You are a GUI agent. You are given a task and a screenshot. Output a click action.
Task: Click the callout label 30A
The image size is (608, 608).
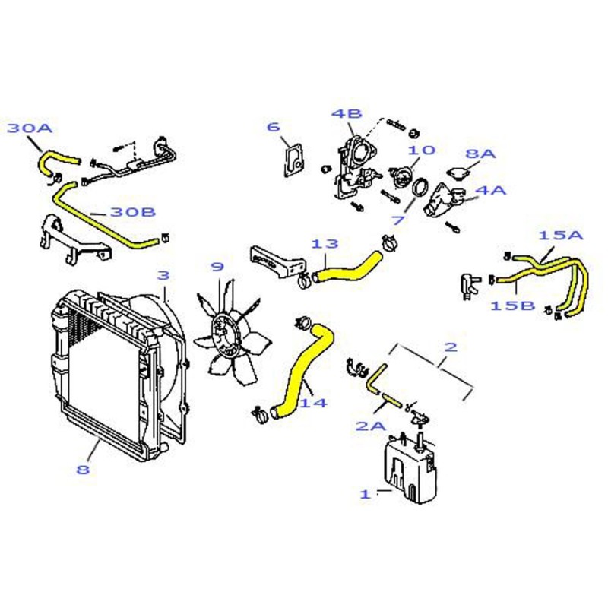(30, 128)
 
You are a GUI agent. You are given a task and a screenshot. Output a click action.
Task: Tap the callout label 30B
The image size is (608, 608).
(133, 212)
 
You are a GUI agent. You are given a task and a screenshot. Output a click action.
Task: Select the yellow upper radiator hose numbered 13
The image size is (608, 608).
(348, 267)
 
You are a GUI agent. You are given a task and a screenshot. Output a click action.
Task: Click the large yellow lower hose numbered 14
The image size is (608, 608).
(303, 372)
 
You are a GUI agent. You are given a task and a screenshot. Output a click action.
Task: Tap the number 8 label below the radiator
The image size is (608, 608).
(83, 470)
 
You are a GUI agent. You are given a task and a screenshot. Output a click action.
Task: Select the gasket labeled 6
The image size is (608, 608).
(293, 160)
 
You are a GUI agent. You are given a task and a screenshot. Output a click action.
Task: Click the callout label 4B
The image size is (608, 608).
(347, 113)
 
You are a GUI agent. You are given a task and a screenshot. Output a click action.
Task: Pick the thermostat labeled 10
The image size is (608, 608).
(401, 177)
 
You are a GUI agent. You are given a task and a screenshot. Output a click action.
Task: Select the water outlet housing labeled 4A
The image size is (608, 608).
(443, 200)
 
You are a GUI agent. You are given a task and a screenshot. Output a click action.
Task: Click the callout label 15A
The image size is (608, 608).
(561, 235)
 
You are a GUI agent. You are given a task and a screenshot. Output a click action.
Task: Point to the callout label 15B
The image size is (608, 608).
(512, 306)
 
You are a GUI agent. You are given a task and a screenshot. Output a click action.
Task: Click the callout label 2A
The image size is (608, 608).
(371, 426)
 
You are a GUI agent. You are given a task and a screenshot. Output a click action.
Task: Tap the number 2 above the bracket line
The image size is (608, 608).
(451, 347)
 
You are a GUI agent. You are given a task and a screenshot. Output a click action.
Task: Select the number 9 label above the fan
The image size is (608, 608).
(217, 267)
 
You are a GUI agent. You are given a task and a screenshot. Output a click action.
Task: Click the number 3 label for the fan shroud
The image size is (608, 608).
(163, 275)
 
